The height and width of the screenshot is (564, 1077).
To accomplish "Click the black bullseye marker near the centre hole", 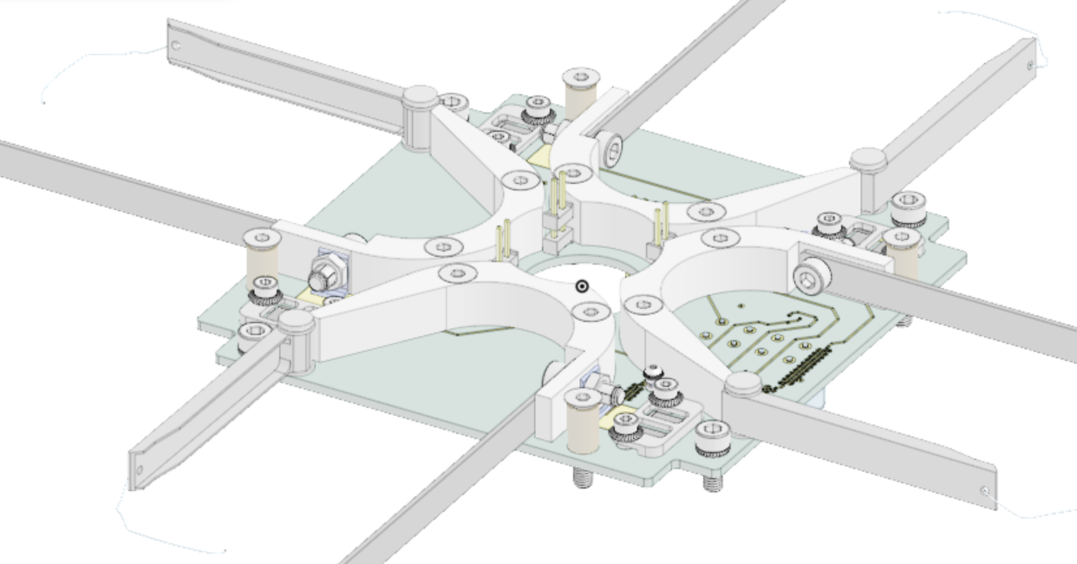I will [x=583, y=286].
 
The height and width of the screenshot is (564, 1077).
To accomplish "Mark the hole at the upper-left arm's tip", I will [x=176, y=45].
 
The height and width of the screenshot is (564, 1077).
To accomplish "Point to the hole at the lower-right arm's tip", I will [x=986, y=491].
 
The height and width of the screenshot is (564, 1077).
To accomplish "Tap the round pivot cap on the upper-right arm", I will [x=868, y=159].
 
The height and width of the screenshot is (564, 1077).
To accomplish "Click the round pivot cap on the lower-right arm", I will [x=743, y=382].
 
